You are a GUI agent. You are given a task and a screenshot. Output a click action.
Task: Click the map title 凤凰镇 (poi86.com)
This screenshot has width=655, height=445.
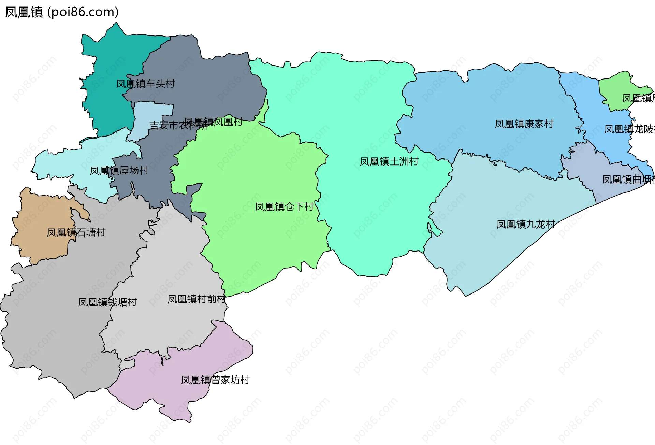(x=62, y=12)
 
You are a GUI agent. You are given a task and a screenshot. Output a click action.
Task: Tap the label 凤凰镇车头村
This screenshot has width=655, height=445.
(x=145, y=84)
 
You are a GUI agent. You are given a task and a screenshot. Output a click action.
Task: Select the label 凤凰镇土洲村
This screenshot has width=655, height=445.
(x=389, y=161)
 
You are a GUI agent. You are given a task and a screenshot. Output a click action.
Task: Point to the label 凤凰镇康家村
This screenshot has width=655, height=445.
(x=524, y=124)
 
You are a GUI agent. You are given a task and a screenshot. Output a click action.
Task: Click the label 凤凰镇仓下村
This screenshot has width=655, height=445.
(x=284, y=207)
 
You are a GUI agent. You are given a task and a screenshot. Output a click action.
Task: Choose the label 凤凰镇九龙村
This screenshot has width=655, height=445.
(x=526, y=225)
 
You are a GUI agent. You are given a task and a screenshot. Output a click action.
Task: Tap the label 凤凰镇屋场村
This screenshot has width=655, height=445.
(x=119, y=170)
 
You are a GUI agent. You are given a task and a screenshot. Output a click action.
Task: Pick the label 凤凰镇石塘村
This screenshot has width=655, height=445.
(x=76, y=233)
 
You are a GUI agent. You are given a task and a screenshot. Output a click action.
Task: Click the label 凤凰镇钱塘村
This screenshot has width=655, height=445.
(x=107, y=302)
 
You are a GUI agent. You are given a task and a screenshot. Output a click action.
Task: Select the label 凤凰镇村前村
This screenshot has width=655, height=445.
(x=196, y=299)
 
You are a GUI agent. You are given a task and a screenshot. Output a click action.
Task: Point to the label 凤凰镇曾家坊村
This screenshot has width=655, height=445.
(x=215, y=380)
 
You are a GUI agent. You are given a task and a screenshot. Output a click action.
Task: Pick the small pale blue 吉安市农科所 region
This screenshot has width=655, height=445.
(x=150, y=113)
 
